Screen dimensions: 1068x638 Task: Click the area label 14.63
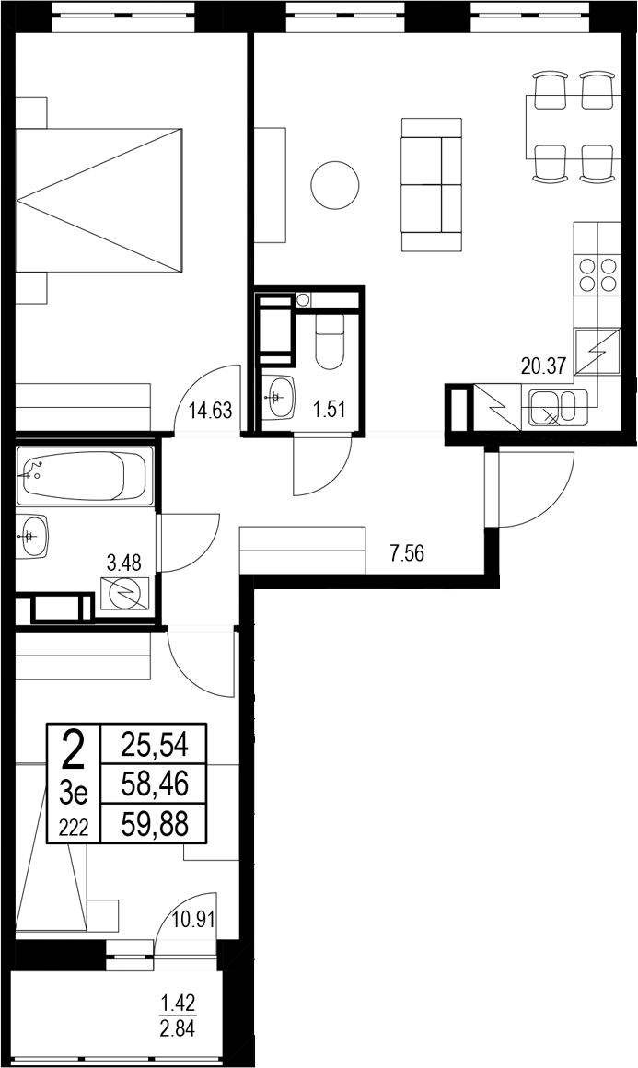[210, 411]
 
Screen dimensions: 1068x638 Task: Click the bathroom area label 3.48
[124, 563]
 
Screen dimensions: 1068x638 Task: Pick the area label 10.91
[195, 918]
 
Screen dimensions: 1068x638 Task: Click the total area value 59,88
[155, 824]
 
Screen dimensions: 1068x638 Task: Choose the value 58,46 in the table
[155, 784]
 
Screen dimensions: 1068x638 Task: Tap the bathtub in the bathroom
[84, 475]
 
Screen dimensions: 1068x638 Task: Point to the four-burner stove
[597, 273]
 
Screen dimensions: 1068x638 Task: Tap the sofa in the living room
[431, 184]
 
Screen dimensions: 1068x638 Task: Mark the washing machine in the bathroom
[124, 594]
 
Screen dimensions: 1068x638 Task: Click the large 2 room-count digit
[73, 749]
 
